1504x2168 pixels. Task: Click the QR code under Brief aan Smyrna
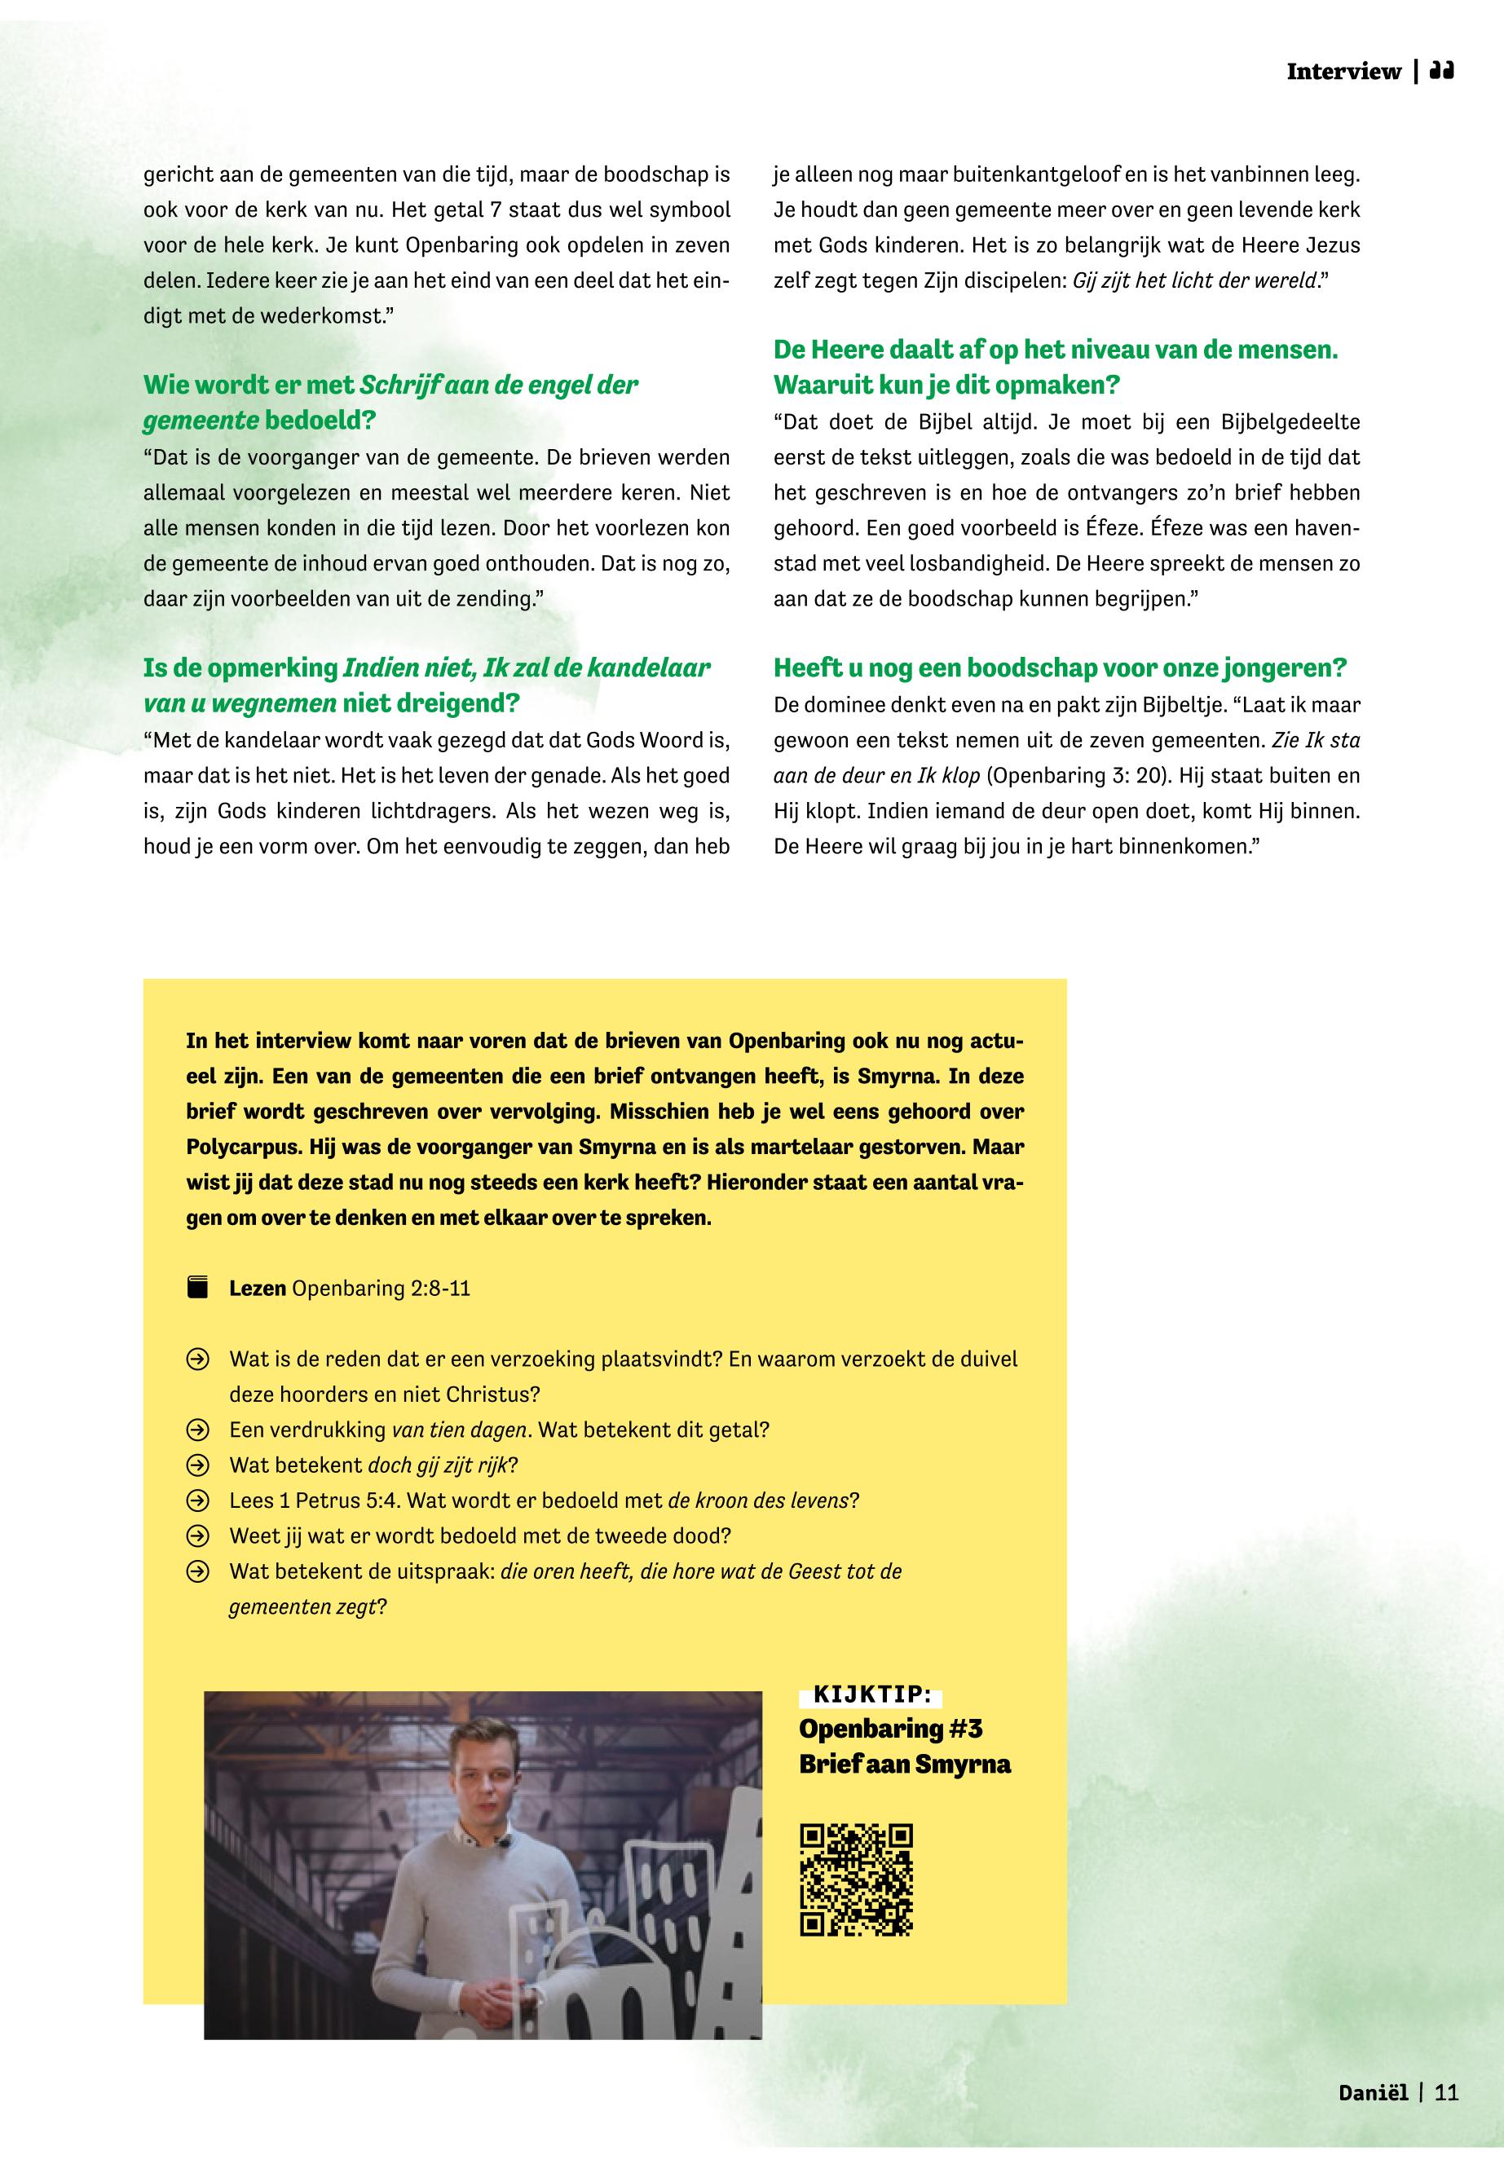(856, 1880)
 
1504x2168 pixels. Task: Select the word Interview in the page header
(1343, 72)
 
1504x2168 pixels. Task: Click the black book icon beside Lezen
(197, 1288)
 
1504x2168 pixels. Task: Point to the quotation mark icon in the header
(1442, 71)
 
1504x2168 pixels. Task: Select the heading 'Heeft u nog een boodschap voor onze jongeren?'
(1061, 668)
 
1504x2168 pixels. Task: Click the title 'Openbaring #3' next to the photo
(890, 1729)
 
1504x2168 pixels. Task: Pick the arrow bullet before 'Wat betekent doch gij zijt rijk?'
(197, 1465)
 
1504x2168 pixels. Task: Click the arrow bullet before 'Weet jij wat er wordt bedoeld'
(197, 1536)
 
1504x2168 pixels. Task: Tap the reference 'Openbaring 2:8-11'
(381, 1288)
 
